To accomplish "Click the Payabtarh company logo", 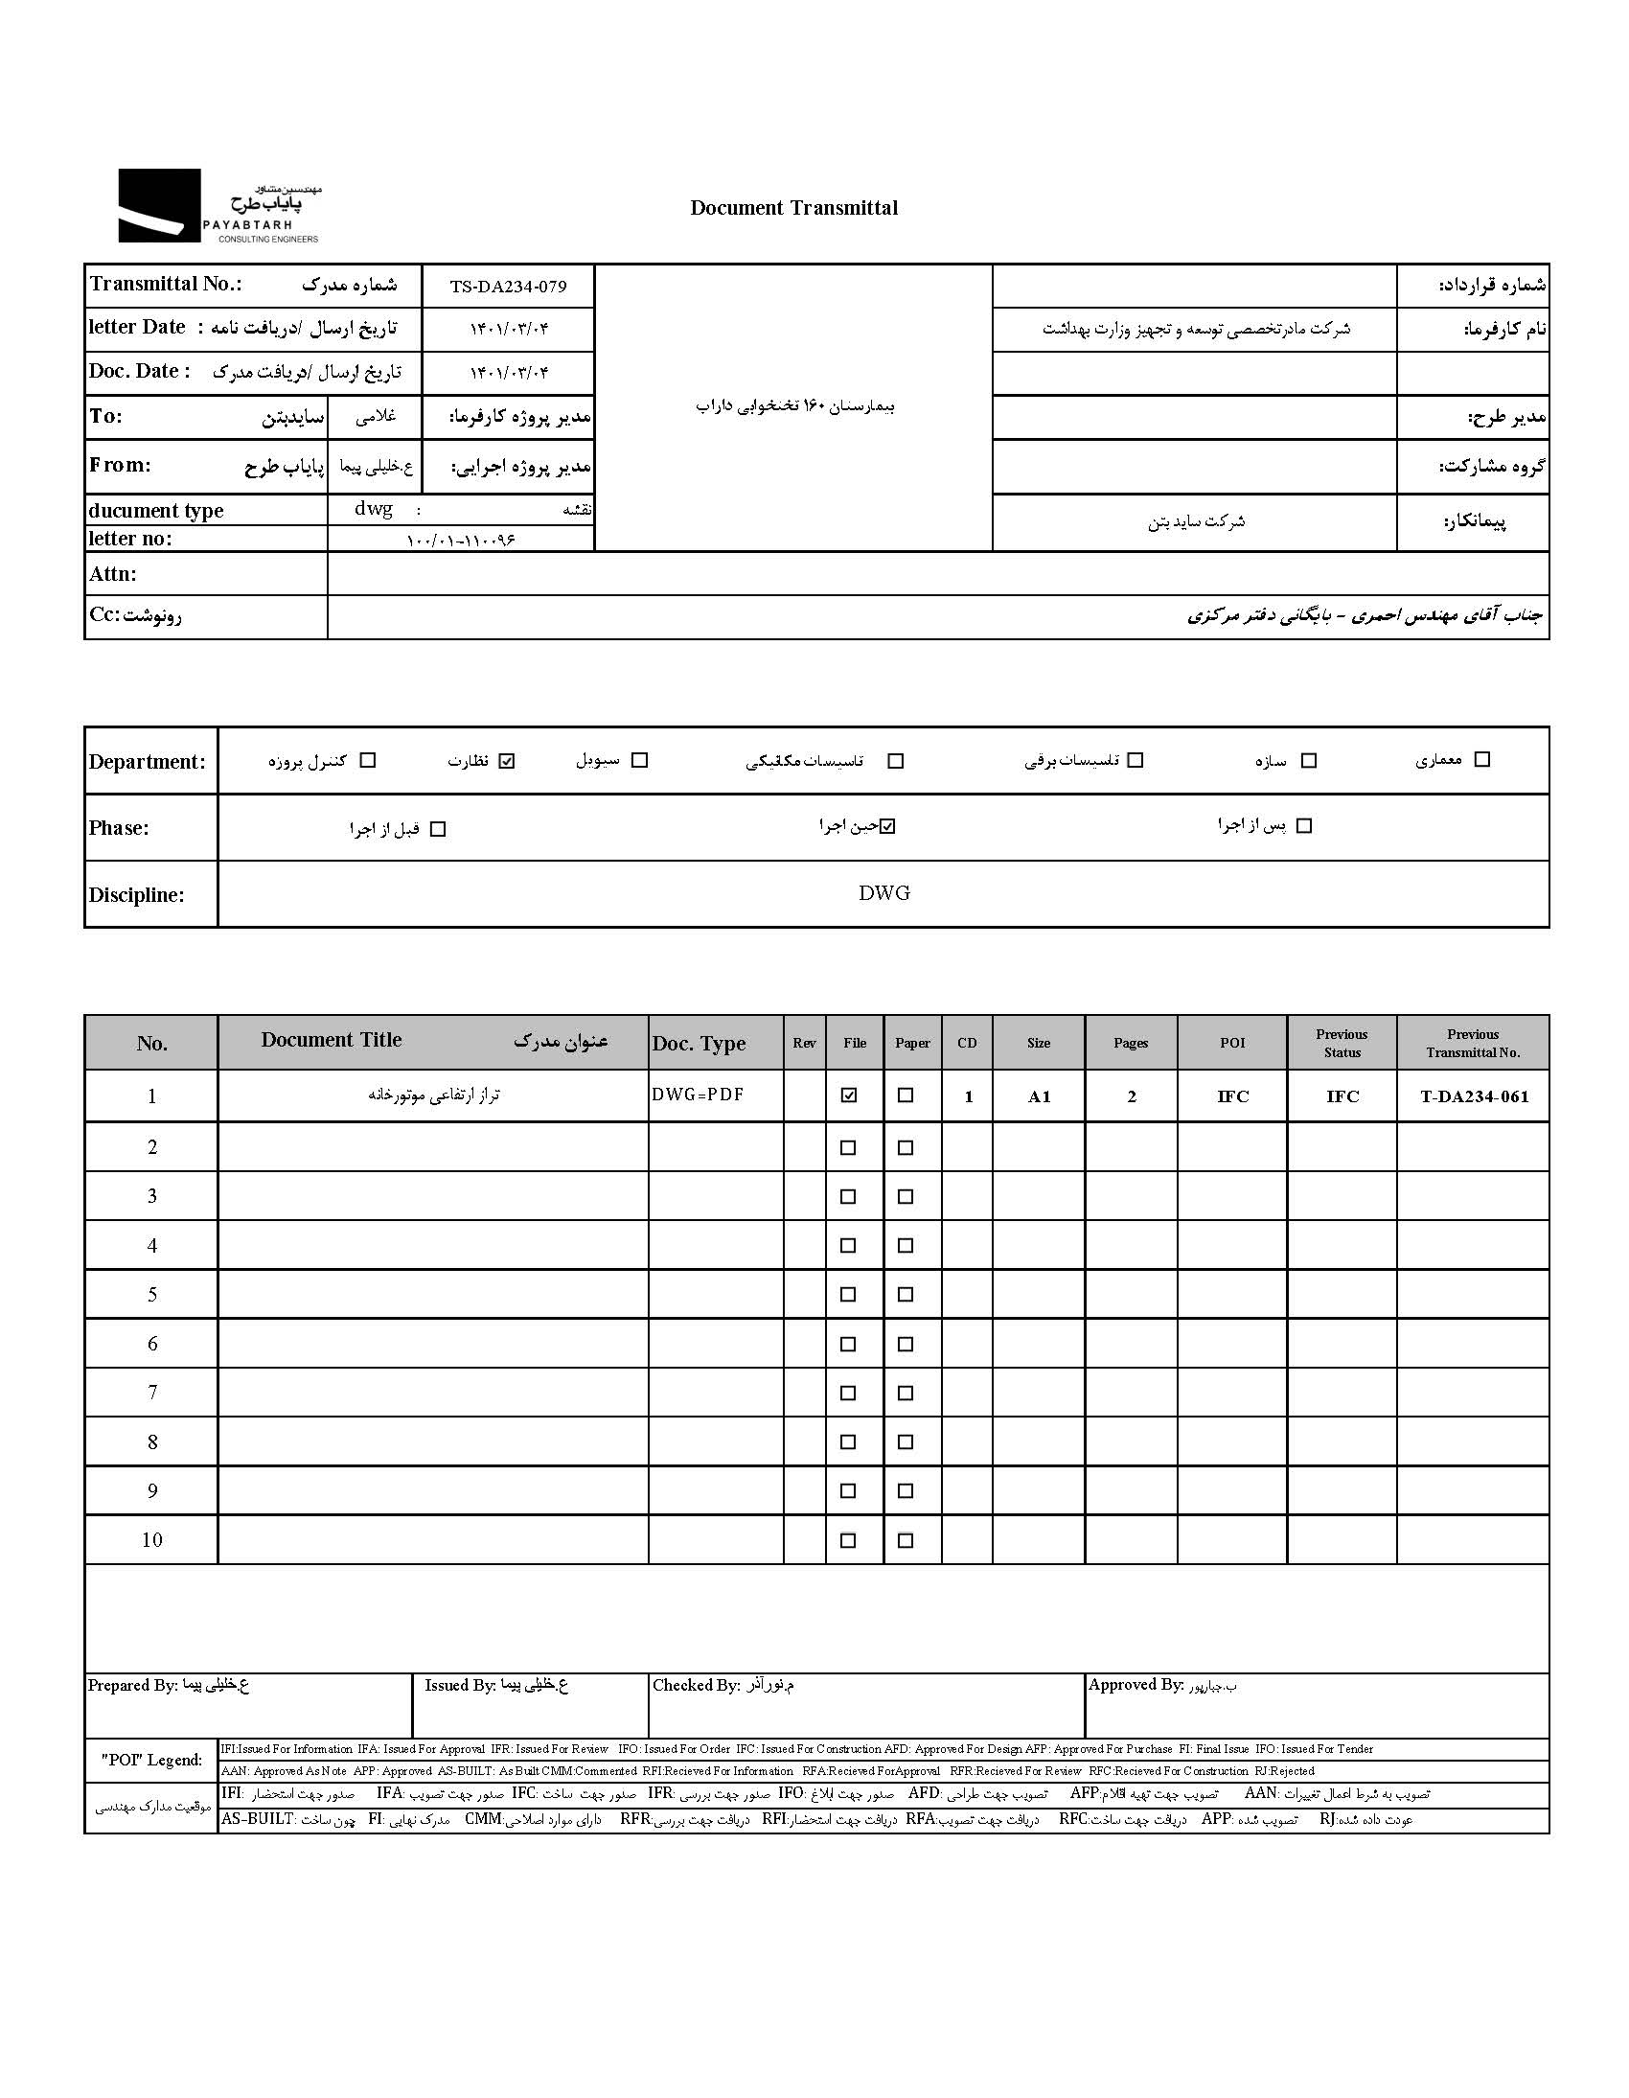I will tap(219, 206).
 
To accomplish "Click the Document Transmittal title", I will tap(793, 208).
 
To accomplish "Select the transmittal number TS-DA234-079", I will tap(508, 287).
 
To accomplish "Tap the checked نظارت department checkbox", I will tap(507, 761).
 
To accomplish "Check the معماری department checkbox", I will tap(1482, 760).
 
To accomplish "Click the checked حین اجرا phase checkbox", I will tap(887, 826).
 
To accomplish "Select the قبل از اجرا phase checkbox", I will tap(438, 829).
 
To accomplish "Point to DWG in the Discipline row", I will tap(883, 893).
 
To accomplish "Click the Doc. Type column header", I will tap(700, 1043).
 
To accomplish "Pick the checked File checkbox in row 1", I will tap(848, 1095).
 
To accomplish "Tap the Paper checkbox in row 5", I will tap(905, 1294).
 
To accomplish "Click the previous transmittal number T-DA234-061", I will tap(1474, 1096).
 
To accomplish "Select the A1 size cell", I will tap(1040, 1096).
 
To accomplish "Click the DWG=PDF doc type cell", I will tap(698, 1095).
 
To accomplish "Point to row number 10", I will tap(151, 1540).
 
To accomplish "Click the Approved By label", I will tap(1136, 1684).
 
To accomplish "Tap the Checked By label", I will tap(697, 1685).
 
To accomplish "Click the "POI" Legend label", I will tap(151, 1760).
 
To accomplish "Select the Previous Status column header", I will tap(1342, 1043).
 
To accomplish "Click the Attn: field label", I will tap(113, 574).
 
